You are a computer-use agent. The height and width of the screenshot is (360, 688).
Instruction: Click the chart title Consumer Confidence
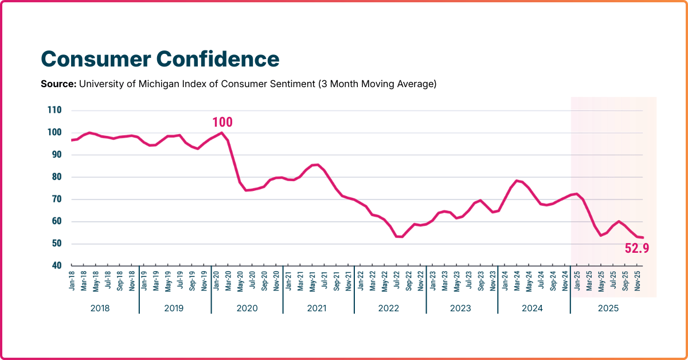[x=160, y=59]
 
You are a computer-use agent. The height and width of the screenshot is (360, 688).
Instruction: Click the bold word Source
[x=57, y=84]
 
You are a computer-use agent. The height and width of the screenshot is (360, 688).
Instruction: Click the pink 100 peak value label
[x=222, y=122]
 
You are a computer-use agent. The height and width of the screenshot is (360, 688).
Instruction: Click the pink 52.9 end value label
[x=636, y=248]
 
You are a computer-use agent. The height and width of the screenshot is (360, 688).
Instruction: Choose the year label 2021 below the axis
[x=317, y=308]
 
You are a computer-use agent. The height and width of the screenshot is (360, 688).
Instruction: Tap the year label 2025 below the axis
[x=608, y=308]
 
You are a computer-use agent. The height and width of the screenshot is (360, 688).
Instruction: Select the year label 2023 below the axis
[x=460, y=308]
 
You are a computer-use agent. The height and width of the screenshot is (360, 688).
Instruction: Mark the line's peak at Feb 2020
[x=221, y=132]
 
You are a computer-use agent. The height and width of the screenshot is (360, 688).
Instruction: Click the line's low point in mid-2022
[x=400, y=237]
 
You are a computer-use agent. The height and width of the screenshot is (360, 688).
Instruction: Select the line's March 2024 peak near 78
[x=517, y=181]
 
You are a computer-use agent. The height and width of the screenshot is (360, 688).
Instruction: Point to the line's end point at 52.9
[x=643, y=237]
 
